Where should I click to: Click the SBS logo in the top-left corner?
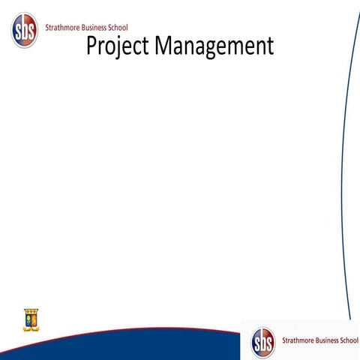24,30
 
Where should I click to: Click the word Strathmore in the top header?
65,28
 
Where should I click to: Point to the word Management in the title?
214,46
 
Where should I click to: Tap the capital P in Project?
92,46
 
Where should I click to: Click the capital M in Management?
164,46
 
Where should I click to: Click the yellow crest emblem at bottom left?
31,319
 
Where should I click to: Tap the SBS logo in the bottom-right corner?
263,342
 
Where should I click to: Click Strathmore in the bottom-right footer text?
298,340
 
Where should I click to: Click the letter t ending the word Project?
146,46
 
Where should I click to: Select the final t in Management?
270,46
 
